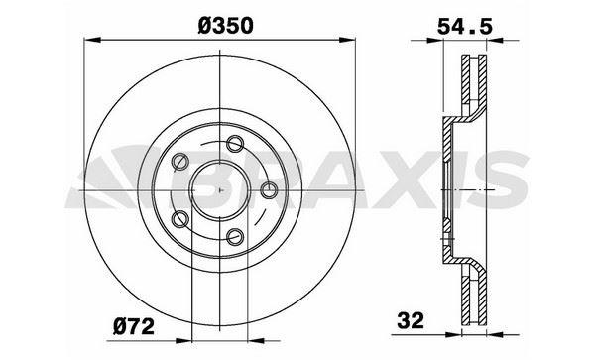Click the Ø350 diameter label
(x=225, y=26)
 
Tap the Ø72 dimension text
(x=134, y=326)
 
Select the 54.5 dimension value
(x=465, y=27)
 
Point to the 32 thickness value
(x=411, y=321)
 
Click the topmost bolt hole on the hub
(x=235, y=144)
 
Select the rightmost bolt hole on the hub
(x=269, y=189)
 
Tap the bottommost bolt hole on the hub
(x=235, y=236)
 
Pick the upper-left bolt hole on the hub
(x=179, y=162)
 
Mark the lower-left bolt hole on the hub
(x=179, y=219)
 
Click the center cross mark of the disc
(x=220, y=190)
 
